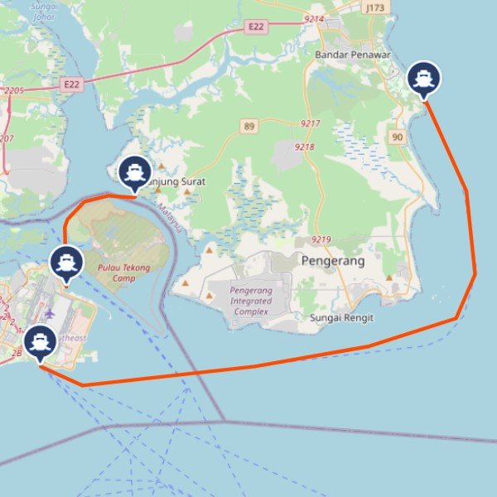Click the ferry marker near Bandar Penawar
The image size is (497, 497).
(x=424, y=79)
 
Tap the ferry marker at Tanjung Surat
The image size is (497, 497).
(x=134, y=172)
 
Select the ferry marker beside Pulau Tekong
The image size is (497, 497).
(x=65, y=263)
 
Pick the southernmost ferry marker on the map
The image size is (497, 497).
(x=39, y=342)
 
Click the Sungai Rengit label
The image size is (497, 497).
(x=341, y=318)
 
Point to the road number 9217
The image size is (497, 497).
(x=310, y=123)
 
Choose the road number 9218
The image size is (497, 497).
(x=305, y=147)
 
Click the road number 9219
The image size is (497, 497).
(x=321, y=240)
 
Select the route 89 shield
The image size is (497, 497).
(x=248, y=126)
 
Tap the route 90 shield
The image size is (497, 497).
(x=398, y=137)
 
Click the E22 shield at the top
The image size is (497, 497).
(x=256, y=27)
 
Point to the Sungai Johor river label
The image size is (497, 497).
(x=43, y=9)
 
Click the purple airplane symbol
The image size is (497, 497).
(x=49, y=314)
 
